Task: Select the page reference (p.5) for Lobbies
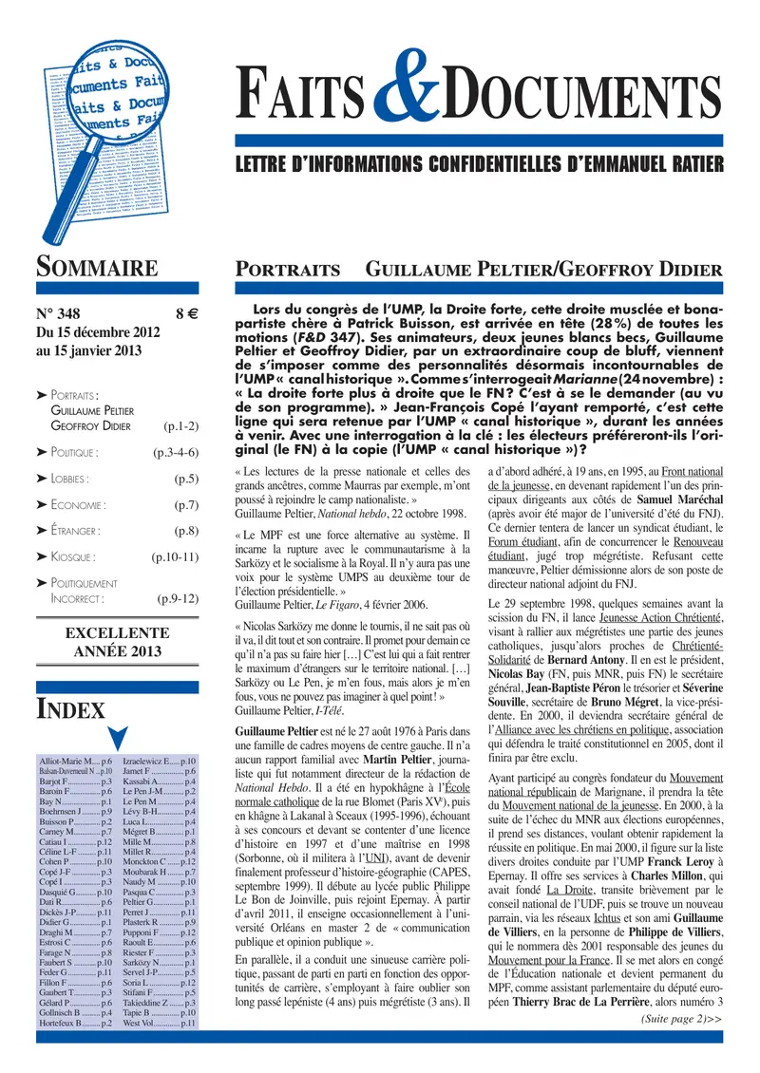point(186,480)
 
